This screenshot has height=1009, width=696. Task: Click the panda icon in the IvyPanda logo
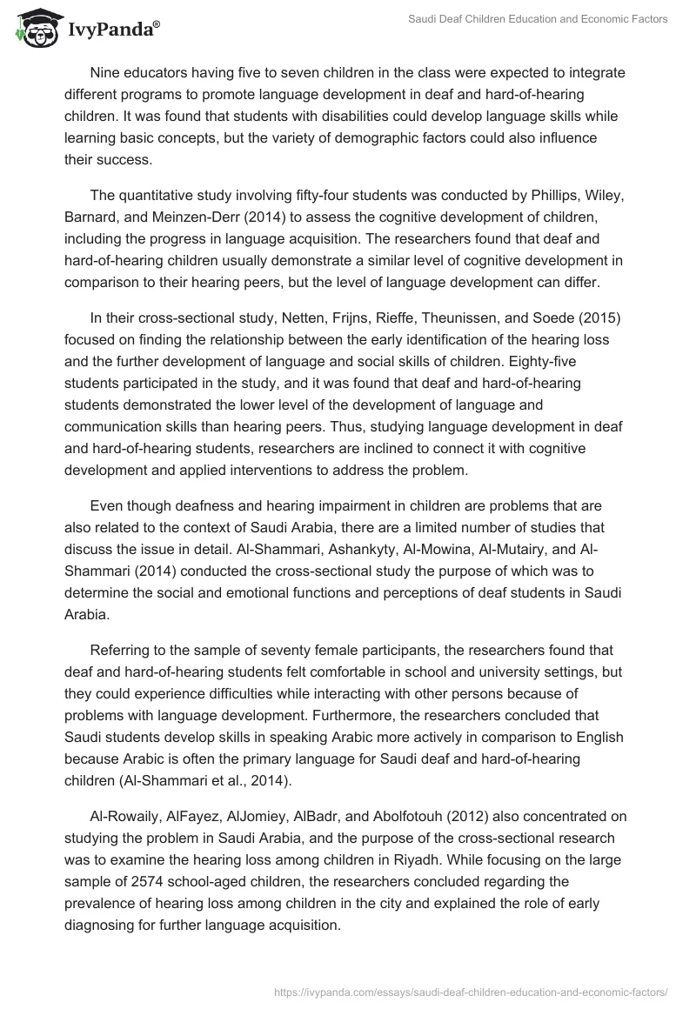(x=34, y=30)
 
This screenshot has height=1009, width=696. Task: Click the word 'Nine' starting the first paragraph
(x=105, y=72)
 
